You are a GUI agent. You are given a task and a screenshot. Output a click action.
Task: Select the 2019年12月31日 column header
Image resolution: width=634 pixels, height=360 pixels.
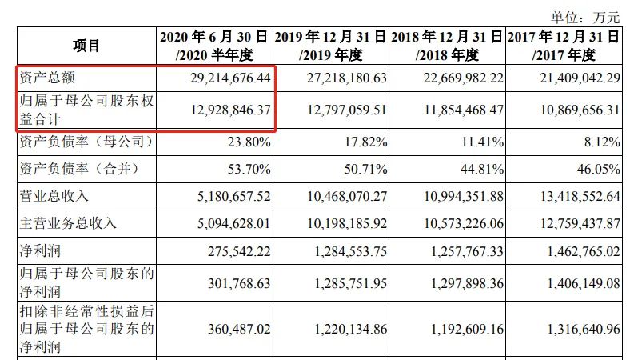click(330, 46)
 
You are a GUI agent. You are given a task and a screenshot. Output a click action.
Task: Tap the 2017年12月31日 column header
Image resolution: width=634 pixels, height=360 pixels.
click(563, 46)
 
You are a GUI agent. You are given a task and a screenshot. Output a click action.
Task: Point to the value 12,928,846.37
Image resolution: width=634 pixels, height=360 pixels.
click(217, 109)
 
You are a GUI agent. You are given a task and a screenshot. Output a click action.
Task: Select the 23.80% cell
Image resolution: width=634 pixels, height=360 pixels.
click(248, 142)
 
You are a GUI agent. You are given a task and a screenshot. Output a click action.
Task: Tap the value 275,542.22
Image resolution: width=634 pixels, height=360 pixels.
click(230, 251)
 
